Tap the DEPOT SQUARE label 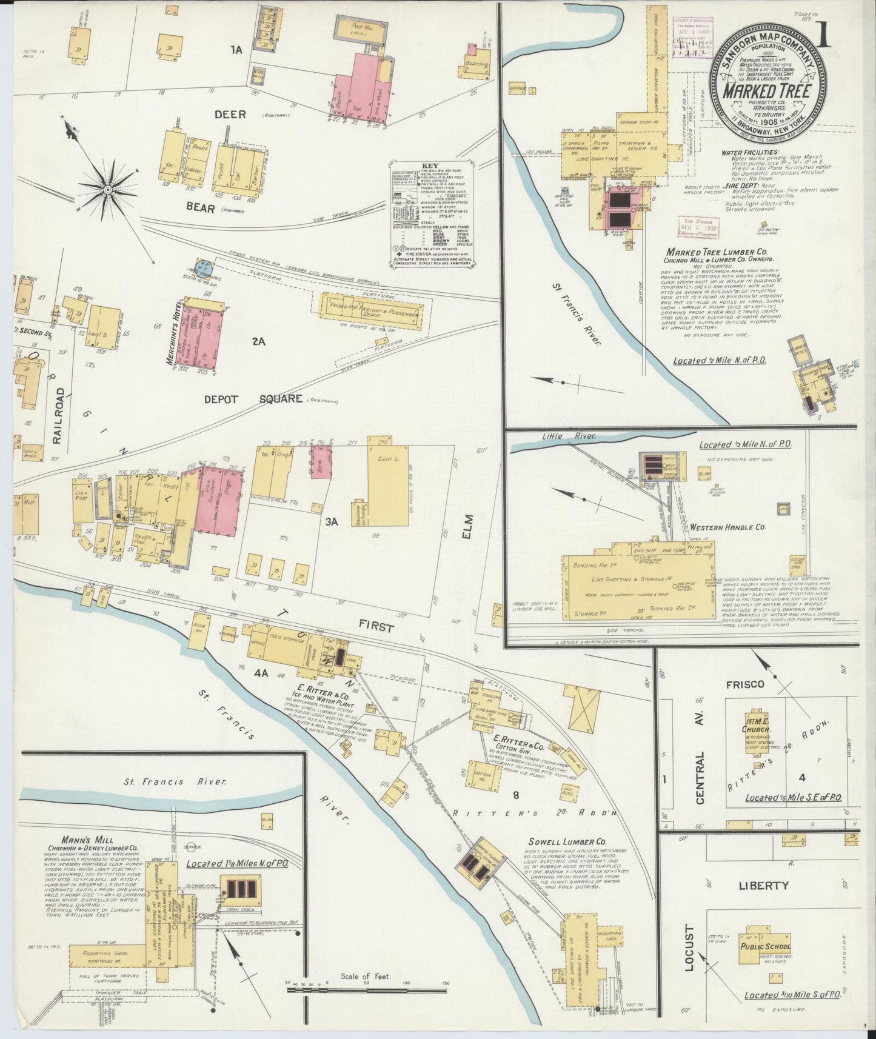tap(253, 398)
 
